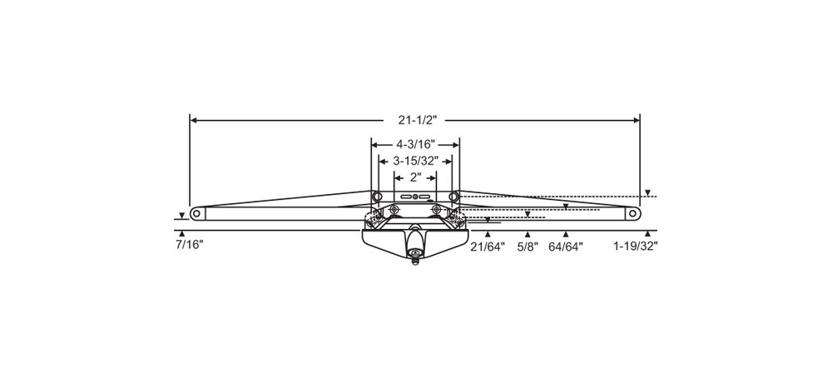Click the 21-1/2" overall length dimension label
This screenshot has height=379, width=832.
pos(414,121)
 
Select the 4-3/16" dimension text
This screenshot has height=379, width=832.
pos(415,144)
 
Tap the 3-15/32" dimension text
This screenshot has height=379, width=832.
pos(415,160)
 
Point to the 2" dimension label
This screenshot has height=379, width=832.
pos(415,177)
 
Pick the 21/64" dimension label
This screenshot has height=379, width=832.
pos(488,247)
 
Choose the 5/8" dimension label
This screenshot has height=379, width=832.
pos(527,247)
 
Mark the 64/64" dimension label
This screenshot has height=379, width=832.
pos(566,247)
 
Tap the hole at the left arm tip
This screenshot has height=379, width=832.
pos(196,213)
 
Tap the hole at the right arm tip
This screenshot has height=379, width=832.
pos(634,213)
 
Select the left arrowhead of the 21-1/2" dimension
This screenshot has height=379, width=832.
pos(194,121)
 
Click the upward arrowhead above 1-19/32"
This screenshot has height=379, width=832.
pos(647,233)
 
